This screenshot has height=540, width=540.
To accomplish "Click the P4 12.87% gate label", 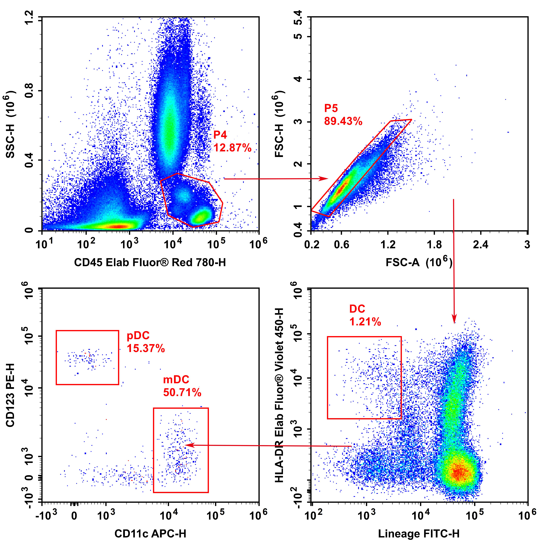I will pyautogui.click(x=232, y=141).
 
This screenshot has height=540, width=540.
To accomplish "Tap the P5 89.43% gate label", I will pyautogui.click(x=343, y=115).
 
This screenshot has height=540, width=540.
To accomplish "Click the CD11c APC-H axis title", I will pyautogui.click(x=150, y=533).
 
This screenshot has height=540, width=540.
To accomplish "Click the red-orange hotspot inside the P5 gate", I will pyautogui.click(x=342, y=187).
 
